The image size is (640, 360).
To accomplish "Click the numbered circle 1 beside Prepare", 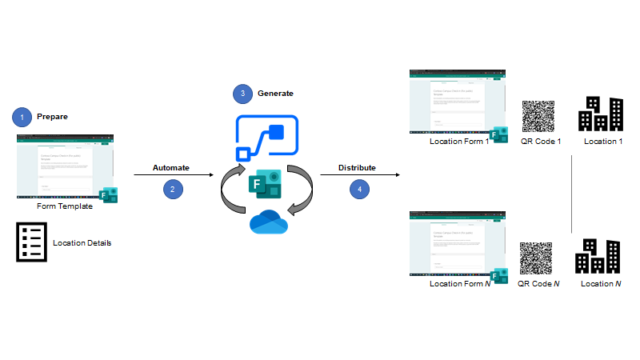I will pos(22,117).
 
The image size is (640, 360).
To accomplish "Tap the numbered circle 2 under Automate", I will pos(170,190).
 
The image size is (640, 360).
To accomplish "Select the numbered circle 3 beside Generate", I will pos(243,94).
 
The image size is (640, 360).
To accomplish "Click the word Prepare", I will pos(52,117).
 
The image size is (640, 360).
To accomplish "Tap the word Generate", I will pos(275,94).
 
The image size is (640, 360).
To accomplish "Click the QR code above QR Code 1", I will pos(538,117).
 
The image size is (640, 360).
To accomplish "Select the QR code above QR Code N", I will pos(537,258).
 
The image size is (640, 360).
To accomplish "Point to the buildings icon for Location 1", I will pos(601,114).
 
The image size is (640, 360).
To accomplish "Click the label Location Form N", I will pos(459,283).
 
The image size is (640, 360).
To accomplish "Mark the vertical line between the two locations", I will pos(572,194).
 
